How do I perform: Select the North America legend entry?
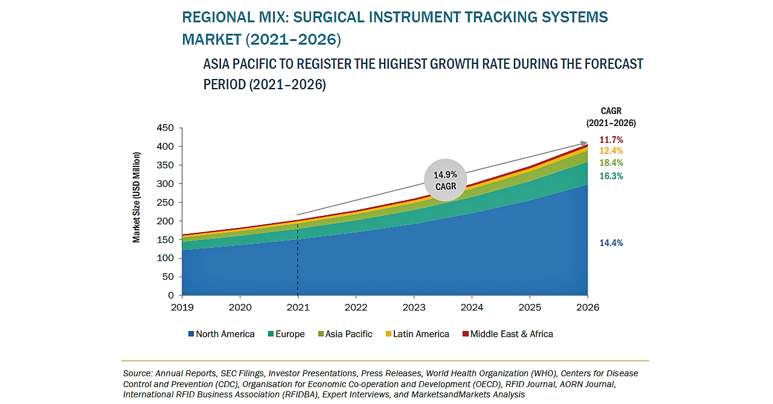pos(221,334)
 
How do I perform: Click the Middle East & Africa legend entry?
pos(507,334)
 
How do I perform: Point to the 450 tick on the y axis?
pos(164,128)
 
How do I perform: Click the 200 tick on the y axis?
pos(164,221)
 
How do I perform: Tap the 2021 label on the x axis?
pos(298,308)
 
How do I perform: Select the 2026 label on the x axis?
pos(588,308)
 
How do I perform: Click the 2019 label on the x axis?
pos(182,308)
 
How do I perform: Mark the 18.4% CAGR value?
pos(611,163)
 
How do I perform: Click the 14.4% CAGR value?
pos(611,243)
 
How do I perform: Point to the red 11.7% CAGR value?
pos(611,140)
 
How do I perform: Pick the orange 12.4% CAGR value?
pos(611,151)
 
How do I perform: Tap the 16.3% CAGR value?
pos(611,176)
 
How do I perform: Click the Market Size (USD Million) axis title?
pos(136,197)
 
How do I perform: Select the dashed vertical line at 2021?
pos(298,265)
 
